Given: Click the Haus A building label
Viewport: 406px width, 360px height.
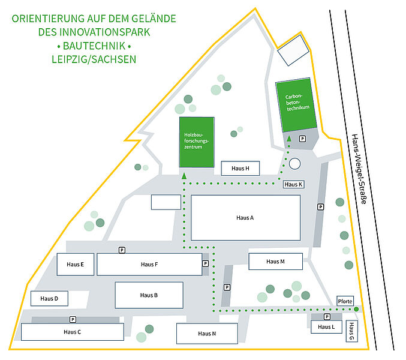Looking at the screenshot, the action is (x=245, y=218).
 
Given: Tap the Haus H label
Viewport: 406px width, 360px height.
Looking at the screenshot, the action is (x=240, y=169).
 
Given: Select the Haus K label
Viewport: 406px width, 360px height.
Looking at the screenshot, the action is (x=293, y=184).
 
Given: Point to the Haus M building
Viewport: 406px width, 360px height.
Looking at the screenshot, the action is (x=275, y=262).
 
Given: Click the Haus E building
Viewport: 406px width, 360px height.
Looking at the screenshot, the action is (x=76, y=265).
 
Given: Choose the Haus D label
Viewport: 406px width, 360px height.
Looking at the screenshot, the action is (x=49, y=299).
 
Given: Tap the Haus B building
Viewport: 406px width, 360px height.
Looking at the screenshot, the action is (x=149, y=295).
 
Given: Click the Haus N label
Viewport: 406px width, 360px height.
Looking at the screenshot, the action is (x=207, y=334).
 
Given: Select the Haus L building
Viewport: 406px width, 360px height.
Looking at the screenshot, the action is (x=326, y=327).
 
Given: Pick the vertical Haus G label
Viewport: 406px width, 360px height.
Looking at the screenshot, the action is (x=351, y=331).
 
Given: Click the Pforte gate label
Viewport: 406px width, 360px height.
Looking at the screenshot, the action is (x=345, y=301).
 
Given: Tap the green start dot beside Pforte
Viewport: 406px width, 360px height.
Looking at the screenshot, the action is (x=356, y=309).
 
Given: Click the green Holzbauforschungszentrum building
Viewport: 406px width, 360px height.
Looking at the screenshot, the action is (x=197, y=142).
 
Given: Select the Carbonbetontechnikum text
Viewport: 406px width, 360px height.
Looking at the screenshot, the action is (x=297, y=103).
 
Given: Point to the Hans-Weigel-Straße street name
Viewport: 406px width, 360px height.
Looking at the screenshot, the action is (x=359, y=169).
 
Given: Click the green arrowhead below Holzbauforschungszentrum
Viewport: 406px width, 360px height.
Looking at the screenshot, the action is (x=184, y=176).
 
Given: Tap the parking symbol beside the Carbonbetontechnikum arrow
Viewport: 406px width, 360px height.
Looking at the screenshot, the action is (x=302, y=139).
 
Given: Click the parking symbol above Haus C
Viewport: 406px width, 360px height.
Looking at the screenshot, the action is (x=73, y=320).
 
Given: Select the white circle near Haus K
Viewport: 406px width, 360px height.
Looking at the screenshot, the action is (x=294, y=164).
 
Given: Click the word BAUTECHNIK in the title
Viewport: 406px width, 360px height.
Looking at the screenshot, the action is (x=94, y=46).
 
